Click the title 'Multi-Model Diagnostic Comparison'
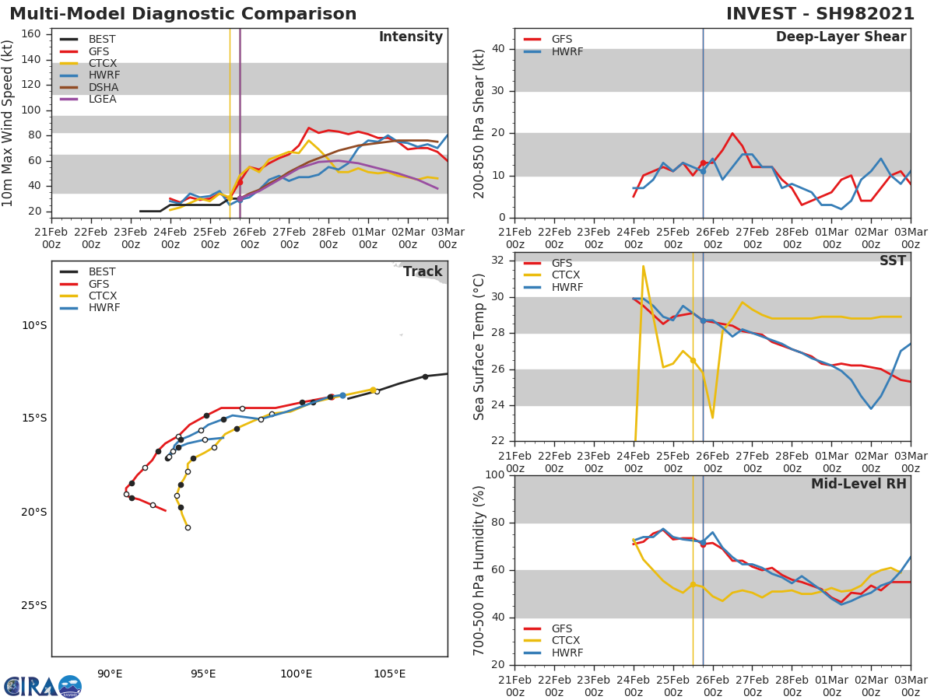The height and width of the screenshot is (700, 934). pyautogui.click(x=183, y=14)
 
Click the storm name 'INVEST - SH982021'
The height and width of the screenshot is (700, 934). pyautogui.click(x=820, y=14)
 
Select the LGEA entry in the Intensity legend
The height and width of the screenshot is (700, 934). pyautogui.click(x=103, y=100)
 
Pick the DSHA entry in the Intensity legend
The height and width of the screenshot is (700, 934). pyautogui.click(x=103, y=87)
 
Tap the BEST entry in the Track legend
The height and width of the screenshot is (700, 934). pyautogui.click(x=102, y=272)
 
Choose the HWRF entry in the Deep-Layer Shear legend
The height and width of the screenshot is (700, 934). pyautogui.click(x=567, y=51)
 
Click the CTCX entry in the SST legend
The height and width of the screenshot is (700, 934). pyautogui.click(x=566, y=275)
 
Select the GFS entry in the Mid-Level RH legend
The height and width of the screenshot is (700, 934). pyautogui.click(x=561, y=628)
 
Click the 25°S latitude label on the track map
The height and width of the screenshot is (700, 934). pyautogui.click(x=34, y=606)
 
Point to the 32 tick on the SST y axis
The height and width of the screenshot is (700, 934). pyautogui.click(x=498, y=261)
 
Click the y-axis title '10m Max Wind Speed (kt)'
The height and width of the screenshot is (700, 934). pyautogui.click(x=9, y=124)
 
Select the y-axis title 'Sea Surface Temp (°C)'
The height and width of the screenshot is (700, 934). pyautogui.click(x=479, y=347)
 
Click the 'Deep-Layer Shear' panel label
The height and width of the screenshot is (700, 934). pyautogui.click(x=841, y=37)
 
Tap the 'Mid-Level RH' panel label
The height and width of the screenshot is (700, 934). pyautogui.click(x=859, y=485)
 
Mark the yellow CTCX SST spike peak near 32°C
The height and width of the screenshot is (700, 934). pyautogui.click(x=643, y=266)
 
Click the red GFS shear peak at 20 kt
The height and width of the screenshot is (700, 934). pyautogui.click(x=732, y=133)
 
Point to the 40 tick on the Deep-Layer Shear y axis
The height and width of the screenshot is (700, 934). pyautogui.click(x=498, y=49)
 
